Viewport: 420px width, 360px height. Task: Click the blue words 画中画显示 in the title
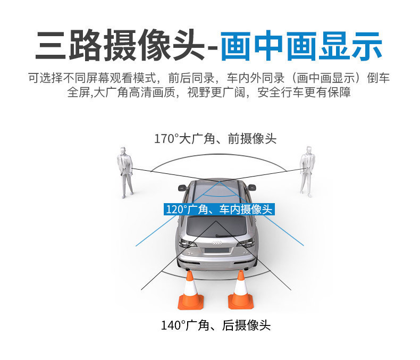pos(301,46)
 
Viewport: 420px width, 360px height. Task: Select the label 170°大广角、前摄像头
pos(215,139)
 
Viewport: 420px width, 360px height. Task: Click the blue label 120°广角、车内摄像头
pos(219,209)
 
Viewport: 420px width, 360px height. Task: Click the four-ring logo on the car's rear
pos(216,243)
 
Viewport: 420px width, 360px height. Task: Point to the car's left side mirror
pos(182,188)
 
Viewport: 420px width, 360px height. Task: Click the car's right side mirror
pos(251,187)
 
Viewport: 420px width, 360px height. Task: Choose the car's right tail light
pos(246,243)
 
